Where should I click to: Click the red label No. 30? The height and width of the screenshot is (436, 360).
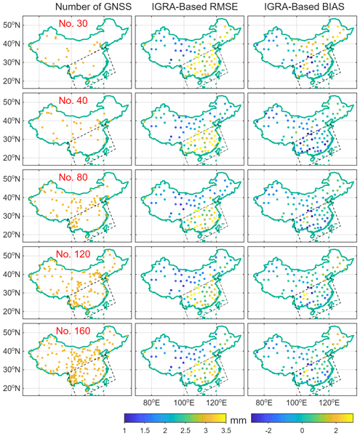coord(73,23)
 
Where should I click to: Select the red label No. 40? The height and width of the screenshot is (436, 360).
coord(73,100)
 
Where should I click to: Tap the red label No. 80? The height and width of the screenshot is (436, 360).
coord(73,177)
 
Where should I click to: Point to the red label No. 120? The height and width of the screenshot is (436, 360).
coord(73,254)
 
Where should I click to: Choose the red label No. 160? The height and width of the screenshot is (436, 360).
coord(73,331)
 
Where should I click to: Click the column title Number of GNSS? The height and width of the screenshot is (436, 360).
coord(94,7)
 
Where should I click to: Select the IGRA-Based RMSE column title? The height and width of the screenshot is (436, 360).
coord(195,7)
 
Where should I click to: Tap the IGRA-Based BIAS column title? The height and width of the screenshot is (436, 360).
coord(304,7)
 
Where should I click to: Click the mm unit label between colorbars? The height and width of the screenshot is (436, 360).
coord(238,420)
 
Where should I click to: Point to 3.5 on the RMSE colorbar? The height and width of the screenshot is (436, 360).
coord(226,431)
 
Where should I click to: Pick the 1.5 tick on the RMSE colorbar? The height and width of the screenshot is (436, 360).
coord(145,431)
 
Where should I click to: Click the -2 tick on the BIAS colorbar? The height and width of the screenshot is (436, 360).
coord(268,431)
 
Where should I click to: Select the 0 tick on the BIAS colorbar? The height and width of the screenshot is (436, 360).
coord(302,431)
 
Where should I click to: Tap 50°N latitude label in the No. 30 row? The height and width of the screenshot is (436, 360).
coord(12,25)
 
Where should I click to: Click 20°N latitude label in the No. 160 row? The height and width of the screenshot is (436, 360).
coord(12,388)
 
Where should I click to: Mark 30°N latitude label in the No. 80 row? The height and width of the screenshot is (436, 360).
coord(12,216)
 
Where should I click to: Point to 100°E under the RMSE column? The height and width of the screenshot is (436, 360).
coord(184,403)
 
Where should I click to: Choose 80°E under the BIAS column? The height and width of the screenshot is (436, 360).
coord(264,403)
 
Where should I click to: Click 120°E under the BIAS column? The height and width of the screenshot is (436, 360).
coord(329,403)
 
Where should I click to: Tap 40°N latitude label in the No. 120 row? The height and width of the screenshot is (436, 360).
coord(12,274)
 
